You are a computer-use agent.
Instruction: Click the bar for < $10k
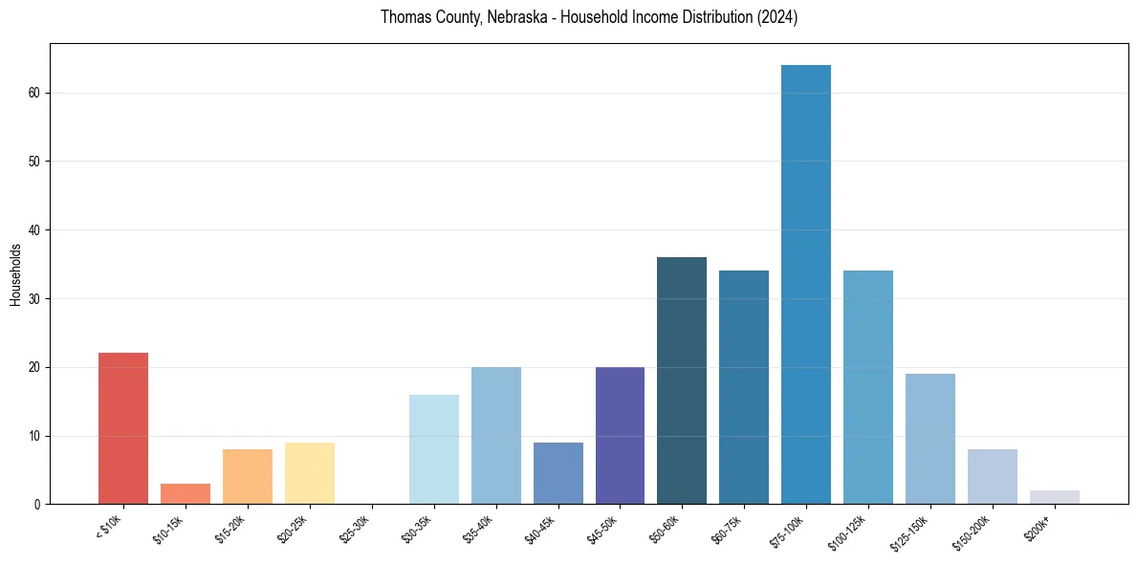[123, 428]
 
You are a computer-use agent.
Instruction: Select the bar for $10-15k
[186, 494]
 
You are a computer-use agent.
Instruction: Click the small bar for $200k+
[1055, 497]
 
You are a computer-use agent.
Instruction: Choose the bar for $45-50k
[620, 436]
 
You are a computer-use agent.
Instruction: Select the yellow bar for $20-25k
[310, 473]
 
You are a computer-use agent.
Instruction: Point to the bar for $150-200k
[993, 477]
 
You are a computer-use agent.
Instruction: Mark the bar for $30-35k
[434, 449]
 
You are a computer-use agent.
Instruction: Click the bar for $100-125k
[868, 387]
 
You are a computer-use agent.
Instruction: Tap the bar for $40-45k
[558, 473]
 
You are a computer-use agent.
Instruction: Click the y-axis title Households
[16, 274]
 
